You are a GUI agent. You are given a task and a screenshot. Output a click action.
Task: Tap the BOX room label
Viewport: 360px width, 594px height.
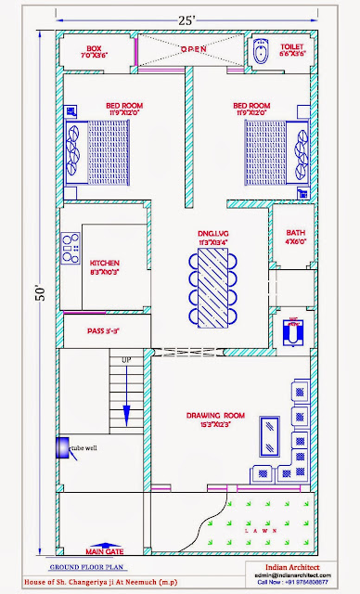[93, 51]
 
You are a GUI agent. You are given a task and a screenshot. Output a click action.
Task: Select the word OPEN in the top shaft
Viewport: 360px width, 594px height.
[194, 47]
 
